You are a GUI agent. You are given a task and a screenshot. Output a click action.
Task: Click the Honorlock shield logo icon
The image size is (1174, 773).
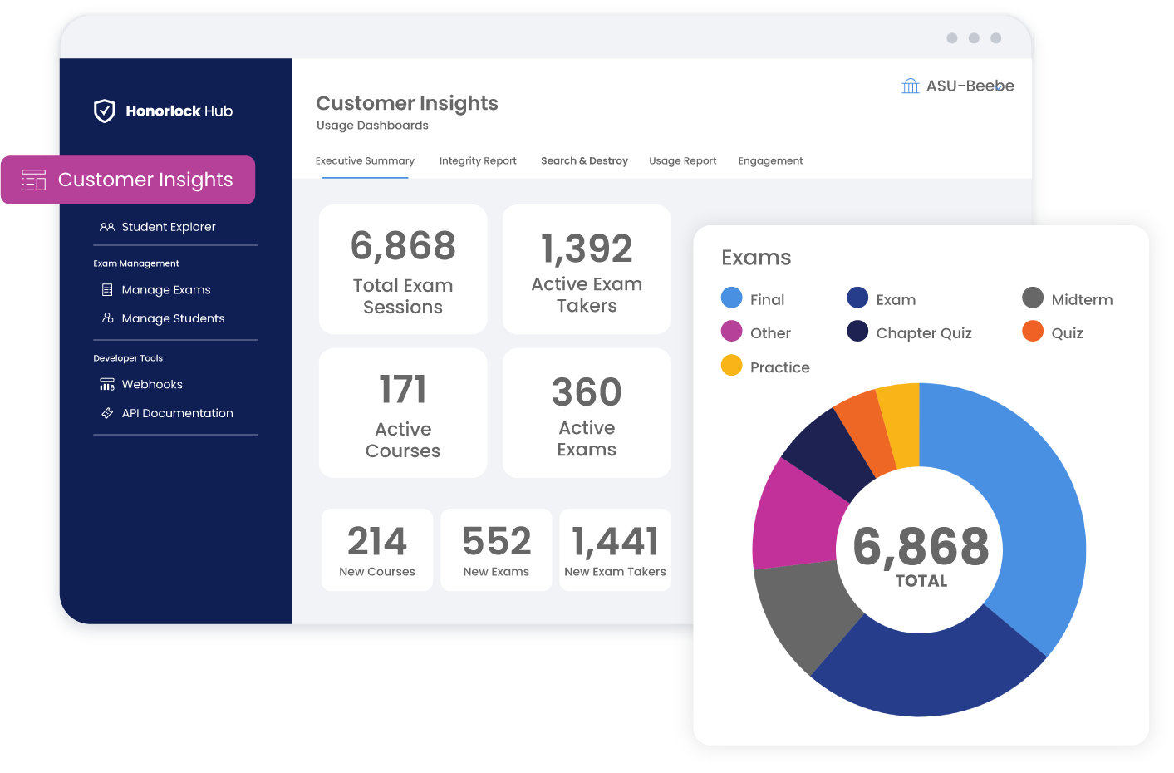pyautogui.click(x=105, y=111)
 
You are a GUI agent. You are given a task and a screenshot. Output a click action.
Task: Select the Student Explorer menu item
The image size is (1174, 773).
pyautogui.click(x=168, y=227)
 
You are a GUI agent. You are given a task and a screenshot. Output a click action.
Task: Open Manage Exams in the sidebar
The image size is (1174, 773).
pyautogui.click(x=165, y=290)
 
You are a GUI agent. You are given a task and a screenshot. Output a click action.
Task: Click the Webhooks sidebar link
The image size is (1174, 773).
pyautogui.click(x=152, y=385)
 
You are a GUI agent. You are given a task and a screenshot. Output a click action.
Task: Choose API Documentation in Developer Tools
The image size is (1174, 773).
pyautogui.click(x=177, y=413)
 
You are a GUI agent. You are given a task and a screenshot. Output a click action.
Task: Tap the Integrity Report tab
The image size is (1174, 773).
pyautogui.click(x=478, y=161)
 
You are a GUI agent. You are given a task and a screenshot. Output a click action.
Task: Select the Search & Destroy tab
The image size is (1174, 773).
pyautogui.click(x=584, y=161)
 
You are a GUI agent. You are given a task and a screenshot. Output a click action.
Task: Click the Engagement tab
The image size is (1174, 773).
pyautogui.click(x=770, y=161)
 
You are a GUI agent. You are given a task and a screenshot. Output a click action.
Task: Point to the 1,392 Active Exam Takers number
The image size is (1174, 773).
pyautogui.click(x=587, y=249)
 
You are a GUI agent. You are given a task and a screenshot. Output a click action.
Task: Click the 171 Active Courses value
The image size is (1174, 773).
pyautogui.click(x=403, y=389)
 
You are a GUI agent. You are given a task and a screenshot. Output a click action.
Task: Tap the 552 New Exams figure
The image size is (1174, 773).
pyautogui.click(x=496, y=542)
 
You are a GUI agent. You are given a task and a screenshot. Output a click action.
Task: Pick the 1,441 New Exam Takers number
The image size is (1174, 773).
pyautogui.click(x=615, y=542)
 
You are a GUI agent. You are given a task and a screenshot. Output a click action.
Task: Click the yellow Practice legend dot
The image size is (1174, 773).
pyautogui.click(x=732, y=366)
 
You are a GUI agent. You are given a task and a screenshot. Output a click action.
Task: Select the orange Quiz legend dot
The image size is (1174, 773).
pyautogui.click(x=1033, y=332)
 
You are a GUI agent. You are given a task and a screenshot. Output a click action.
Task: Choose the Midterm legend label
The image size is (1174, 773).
pyautogui.click(x=1082, y=300)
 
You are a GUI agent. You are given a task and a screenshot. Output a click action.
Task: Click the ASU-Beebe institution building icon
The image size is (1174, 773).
pyautogui.click(x=911, y=86)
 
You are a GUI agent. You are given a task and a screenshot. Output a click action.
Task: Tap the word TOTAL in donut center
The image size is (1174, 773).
pyautogui.click(x=921, y=581)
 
